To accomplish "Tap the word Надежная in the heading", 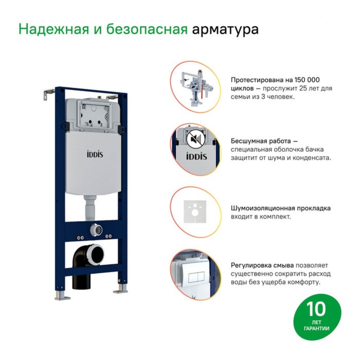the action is (53, 29).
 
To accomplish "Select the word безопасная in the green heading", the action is (147, 29).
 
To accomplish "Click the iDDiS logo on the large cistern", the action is (95, 154).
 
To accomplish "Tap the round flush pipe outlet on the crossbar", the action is (97, 230).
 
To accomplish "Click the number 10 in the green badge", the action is (316, 309).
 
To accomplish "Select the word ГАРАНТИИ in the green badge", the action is (316, 329).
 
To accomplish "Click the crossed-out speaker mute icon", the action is (195, 139).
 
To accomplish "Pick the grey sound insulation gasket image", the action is (195, 212).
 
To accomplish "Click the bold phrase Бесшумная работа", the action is (261, 141).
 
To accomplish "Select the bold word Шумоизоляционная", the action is (263, 208).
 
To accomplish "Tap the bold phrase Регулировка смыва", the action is (262, 265).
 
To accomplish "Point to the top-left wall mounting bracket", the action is (49, 94).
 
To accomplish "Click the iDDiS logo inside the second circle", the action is (196, 156).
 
